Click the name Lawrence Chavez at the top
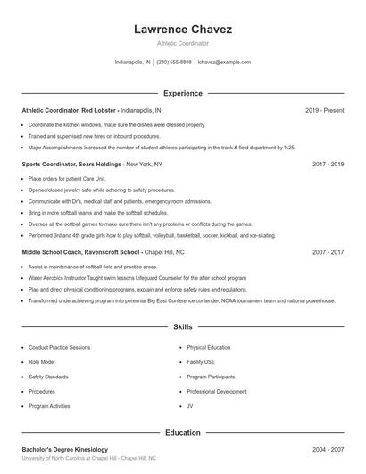point(182,29)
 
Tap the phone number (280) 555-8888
point(174,63)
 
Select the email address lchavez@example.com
point(224,63)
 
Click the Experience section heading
point(182,93)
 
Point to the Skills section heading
point(182,328)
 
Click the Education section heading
point(182,433)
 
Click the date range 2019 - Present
point(324,110)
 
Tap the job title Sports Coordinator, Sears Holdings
point(72,165)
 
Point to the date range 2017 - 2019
point(328,165)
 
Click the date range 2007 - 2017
point(328,252)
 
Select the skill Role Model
point(42,361)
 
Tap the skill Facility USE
point(201,361)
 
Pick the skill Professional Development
point(217,391)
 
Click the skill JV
point(190,406)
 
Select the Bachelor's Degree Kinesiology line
point(64,449)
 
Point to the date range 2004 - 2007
point(328,449)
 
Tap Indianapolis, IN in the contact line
point(133,63)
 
